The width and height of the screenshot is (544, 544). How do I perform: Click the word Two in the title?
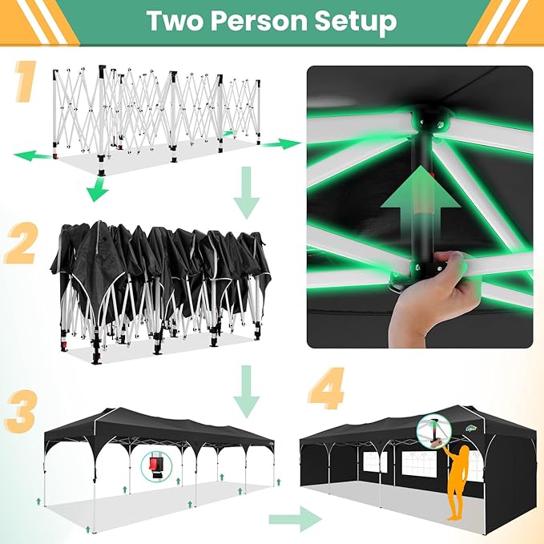(x=174, y=21)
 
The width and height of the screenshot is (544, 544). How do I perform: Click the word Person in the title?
(x=258, y=21)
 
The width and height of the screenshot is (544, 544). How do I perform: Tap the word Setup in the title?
(x=356, y=22)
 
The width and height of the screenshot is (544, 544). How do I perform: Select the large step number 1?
(x=26, y=81)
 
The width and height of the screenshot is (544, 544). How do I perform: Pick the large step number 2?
(x=20, y=243)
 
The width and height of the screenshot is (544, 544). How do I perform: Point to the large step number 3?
(x=21, y=412)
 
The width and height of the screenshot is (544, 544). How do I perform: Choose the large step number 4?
(x=326, y=388)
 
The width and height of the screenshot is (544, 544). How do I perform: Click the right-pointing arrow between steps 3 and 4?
(x=296, y=519)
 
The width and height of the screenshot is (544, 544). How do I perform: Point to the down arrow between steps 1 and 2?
(x=246, y=193)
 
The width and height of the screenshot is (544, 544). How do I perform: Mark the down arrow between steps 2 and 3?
(x=246, y=392)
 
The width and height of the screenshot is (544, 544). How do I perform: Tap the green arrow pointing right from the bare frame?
(x=281, y=143)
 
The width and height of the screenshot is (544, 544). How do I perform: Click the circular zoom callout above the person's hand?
(x=433, y=431)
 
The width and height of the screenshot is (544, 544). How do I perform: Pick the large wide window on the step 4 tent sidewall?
(x=419, y=464)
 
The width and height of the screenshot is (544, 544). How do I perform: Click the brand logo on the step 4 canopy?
(x=471, y=429)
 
